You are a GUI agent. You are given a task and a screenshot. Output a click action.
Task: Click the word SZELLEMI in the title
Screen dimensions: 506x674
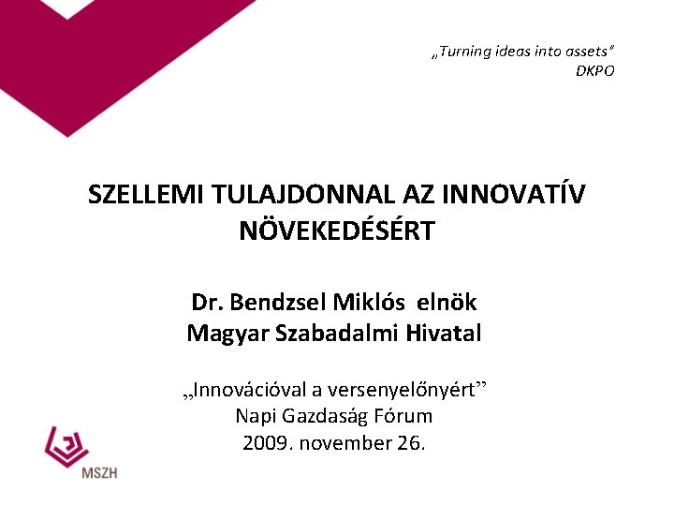[x=146, y=195]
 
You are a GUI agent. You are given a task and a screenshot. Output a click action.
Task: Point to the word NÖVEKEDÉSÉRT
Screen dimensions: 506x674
[x=337, y=231]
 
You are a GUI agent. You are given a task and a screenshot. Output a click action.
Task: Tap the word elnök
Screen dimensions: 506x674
[x=447, y=303]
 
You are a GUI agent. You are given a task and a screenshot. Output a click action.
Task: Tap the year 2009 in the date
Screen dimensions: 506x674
[x=265, y=442]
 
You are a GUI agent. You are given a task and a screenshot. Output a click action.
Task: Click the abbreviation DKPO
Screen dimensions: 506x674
[x=594, y=71]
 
